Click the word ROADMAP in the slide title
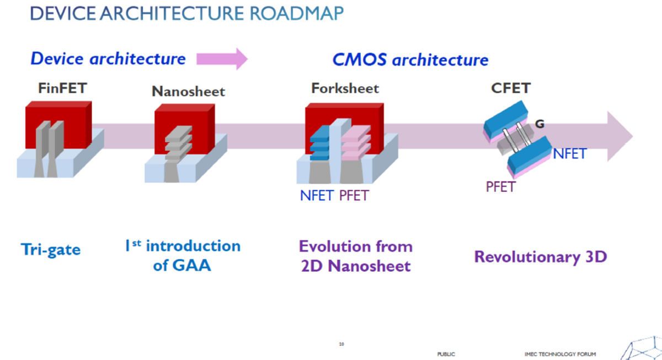pos(297,13)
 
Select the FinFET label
pos(62,88)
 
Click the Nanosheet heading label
pos(188,92)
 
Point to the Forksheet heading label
pos(345,88)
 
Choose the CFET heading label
pos(511,88)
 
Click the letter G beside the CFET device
pos(540,124)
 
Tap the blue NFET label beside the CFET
pos(569,154)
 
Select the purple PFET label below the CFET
pos(500,187)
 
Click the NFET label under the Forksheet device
pos(317,195)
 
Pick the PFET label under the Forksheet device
pos(354,195)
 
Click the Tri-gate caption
pos(51,249)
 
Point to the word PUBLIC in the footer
pos(446,354)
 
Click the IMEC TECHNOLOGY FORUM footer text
pos(560,354)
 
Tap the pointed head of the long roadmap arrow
pos(620,136)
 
